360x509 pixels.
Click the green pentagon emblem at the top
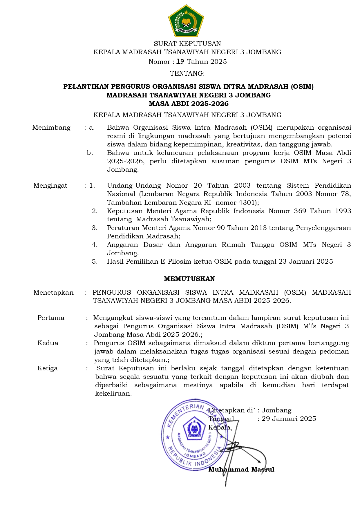[x=186, y=21]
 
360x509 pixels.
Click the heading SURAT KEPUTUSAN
[x=187, y=44]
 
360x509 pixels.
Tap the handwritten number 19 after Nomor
[x=180, y=61]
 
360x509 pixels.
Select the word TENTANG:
[x=187, y=73]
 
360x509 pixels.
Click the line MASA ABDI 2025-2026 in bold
[x=189, y=104]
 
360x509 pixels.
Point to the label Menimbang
[x=51, y=128]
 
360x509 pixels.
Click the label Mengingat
[x=50, y=186]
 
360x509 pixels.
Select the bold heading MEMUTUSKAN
[x=189, y=279]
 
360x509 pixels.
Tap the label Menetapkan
[x=53, y=292]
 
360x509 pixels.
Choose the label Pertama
[x=51, y=318]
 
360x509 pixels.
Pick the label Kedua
[x=48, y=343]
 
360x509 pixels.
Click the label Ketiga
[x=48, y=368]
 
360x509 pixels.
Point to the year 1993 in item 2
[x=343, y=211]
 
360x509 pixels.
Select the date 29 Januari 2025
[x=289, y=419]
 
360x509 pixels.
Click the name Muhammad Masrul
[x=241, y=469]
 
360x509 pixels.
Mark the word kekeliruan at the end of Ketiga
[x=113, y=394]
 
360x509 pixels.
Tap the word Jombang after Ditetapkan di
[x=276, y=410]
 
